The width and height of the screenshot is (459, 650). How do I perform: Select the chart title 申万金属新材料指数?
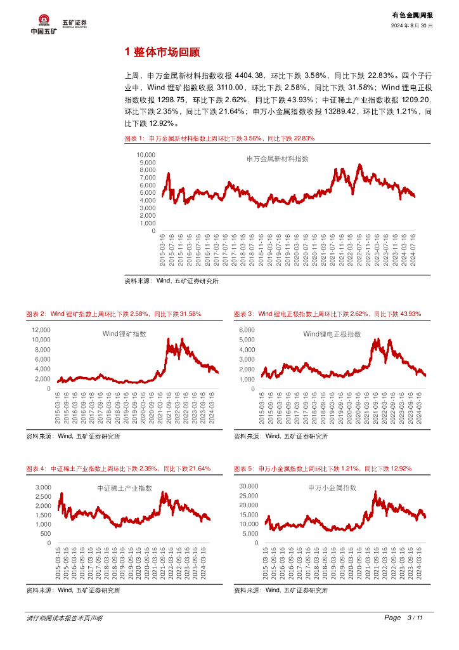277,159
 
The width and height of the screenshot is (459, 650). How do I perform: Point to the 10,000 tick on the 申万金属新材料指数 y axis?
146,155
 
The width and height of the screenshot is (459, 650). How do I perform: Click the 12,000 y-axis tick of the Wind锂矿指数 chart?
40,330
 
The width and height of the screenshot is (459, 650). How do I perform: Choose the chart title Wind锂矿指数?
124,334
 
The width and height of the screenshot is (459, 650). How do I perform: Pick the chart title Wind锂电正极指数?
332,334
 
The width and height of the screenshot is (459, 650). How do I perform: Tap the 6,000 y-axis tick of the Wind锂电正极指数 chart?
246,330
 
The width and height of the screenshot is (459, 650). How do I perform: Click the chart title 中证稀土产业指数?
124,488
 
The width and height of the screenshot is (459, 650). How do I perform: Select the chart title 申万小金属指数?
332,488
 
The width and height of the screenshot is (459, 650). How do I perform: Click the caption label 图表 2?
36,314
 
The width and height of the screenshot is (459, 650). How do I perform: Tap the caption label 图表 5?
243,468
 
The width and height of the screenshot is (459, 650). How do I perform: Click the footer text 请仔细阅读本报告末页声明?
64,618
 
